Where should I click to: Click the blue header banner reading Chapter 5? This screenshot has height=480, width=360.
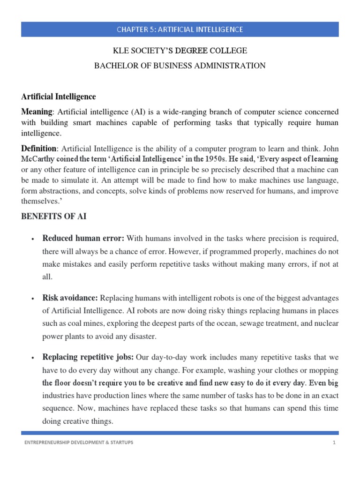tap(180, 29)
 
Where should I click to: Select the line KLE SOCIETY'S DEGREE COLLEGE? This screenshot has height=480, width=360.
tap(180, 50)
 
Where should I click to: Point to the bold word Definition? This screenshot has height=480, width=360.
tap(40, 149)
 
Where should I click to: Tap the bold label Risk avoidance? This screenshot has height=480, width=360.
tap(70, 298)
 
